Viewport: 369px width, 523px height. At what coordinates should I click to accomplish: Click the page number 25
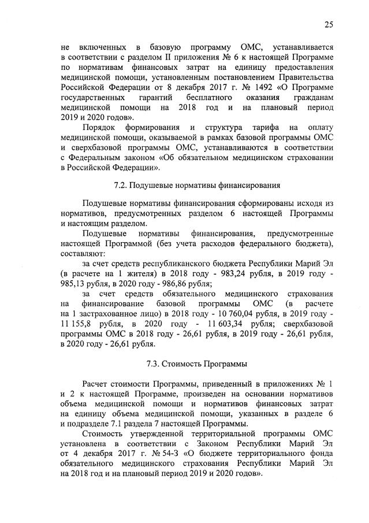329,24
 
